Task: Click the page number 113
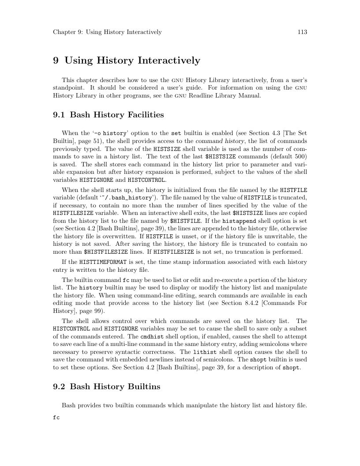(x=302, y=32)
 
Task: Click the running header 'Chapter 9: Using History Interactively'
(x=107, y=32)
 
